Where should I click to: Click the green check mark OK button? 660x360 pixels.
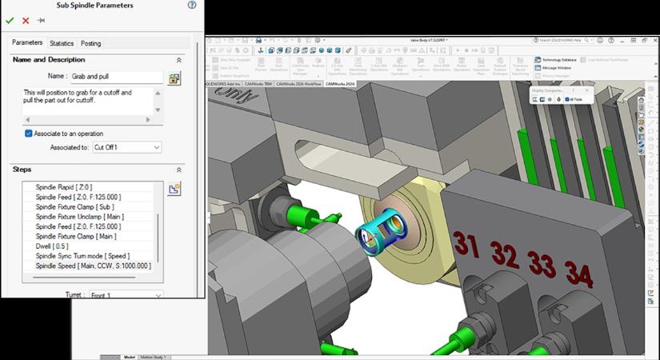[x=10, y=20]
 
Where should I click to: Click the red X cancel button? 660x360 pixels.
[x=26, y=20]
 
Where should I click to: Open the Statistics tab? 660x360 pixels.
[x=61, y=43]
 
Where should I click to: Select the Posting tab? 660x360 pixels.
[x=90, y=43]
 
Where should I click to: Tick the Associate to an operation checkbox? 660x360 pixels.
[x=29, y=134]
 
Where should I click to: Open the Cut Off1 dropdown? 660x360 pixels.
[x=126, y=147]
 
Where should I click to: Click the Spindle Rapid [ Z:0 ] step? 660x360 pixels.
[x=66, y=186]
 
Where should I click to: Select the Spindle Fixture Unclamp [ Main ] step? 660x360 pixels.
[x=79, y=217]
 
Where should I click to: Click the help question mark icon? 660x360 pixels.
[x=192, y=5]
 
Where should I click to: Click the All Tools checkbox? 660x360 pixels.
[x=566, y=99]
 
